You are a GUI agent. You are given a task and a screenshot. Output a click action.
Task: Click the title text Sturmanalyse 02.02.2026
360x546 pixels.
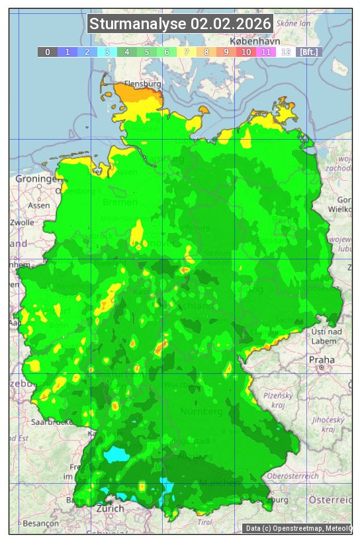pyautogui.click(x=180, y=24)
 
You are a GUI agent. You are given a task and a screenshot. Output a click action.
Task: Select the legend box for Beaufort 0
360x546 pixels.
pyautogui.click(x=47, y=52)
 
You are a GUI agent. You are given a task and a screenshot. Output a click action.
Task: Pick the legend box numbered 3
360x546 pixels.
pyautogui.click(x=107, y=52)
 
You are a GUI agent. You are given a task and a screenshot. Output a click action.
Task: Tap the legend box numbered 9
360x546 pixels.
pyautogui.click(x=226, y=52)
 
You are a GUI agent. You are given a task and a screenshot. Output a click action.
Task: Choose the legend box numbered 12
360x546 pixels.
pyautogui.click(x=285, y=52)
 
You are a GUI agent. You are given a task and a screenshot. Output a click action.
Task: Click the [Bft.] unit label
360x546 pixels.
pyautogui.click(x=309, y=52)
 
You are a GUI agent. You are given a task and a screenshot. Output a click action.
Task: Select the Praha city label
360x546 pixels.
pyautogui.click(x=322, y=359)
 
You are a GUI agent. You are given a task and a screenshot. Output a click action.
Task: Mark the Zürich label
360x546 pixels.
pyautogui.click(x=110, y=509)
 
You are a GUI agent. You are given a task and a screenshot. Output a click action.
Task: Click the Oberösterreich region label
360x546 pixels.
pyautogui.click(x=293, y=476)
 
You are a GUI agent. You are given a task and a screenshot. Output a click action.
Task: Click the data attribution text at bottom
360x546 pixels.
pyautogui.click(x=298, y=528)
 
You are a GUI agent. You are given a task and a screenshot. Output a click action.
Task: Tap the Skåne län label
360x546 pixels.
pyautogui.click(x=294, y=23)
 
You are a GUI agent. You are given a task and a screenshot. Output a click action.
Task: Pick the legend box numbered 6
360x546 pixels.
pyautogui.click(x=166, y=52)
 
